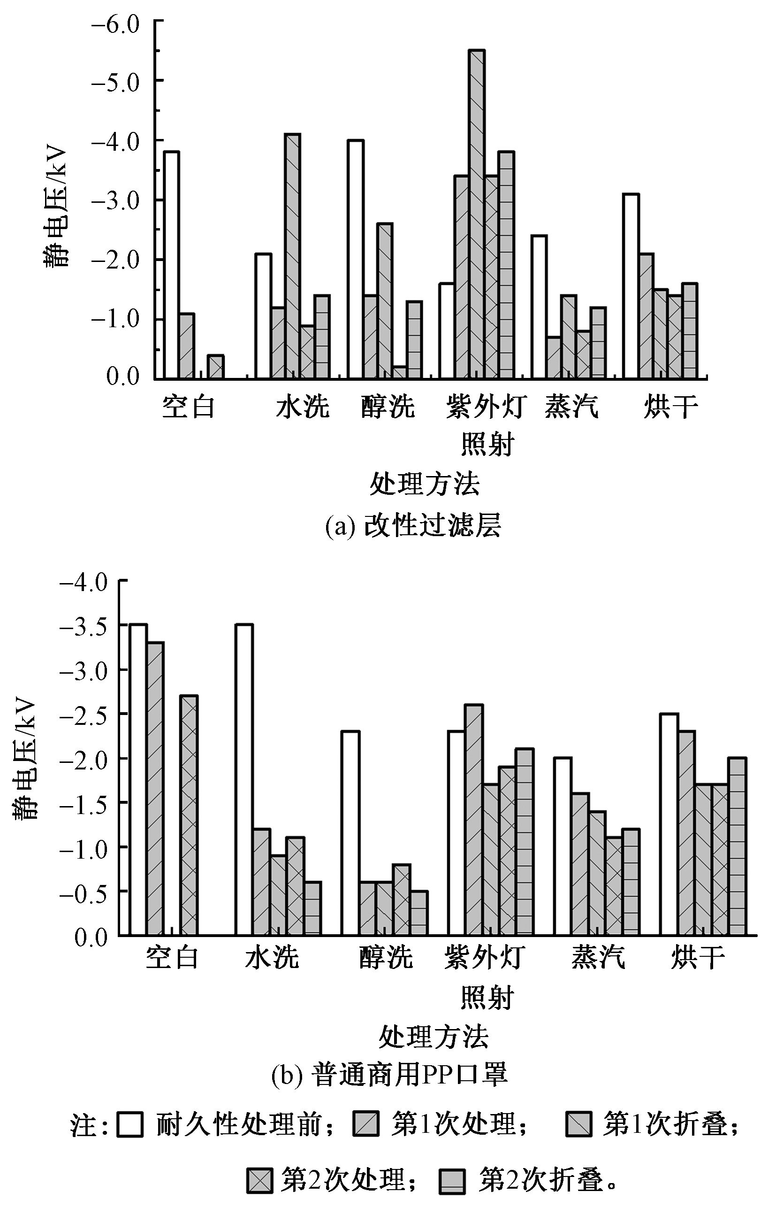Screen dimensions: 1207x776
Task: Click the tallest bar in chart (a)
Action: tap(476, 214)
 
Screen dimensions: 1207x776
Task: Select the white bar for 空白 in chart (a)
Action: tap(172, 265)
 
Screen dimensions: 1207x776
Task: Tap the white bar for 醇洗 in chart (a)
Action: tap(355, 259)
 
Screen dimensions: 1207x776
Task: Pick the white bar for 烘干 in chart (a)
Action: tap(631, 286)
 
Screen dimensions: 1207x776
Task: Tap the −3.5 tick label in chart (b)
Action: tap(84, 627)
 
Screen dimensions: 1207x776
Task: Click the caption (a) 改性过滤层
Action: tap(413, 527)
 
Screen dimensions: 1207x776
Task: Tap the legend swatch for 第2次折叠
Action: tap(452, 1167)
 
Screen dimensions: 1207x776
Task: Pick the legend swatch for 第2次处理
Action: tap(259, 1167)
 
